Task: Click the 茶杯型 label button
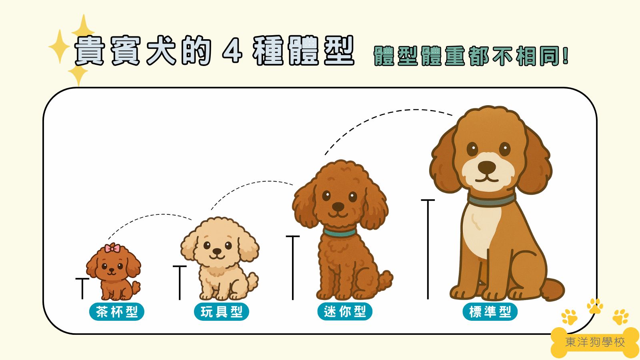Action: (116, 312)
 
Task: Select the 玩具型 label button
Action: (222, 312)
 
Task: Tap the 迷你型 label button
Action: (345, 312)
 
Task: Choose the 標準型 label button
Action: (490, 312)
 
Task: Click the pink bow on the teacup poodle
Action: (112, 248)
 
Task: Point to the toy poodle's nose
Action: (216, 252)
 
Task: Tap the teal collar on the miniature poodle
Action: (340, 232)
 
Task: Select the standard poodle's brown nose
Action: (486, 166)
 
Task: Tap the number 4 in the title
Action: (232, 51)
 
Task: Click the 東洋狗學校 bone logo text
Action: (595, 342)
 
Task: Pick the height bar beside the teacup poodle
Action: (82, 288)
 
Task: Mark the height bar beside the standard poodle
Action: (428, 248)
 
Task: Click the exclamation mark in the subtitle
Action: (565, 56)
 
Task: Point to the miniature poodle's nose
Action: (338, 207)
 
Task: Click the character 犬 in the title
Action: (161, 51)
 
